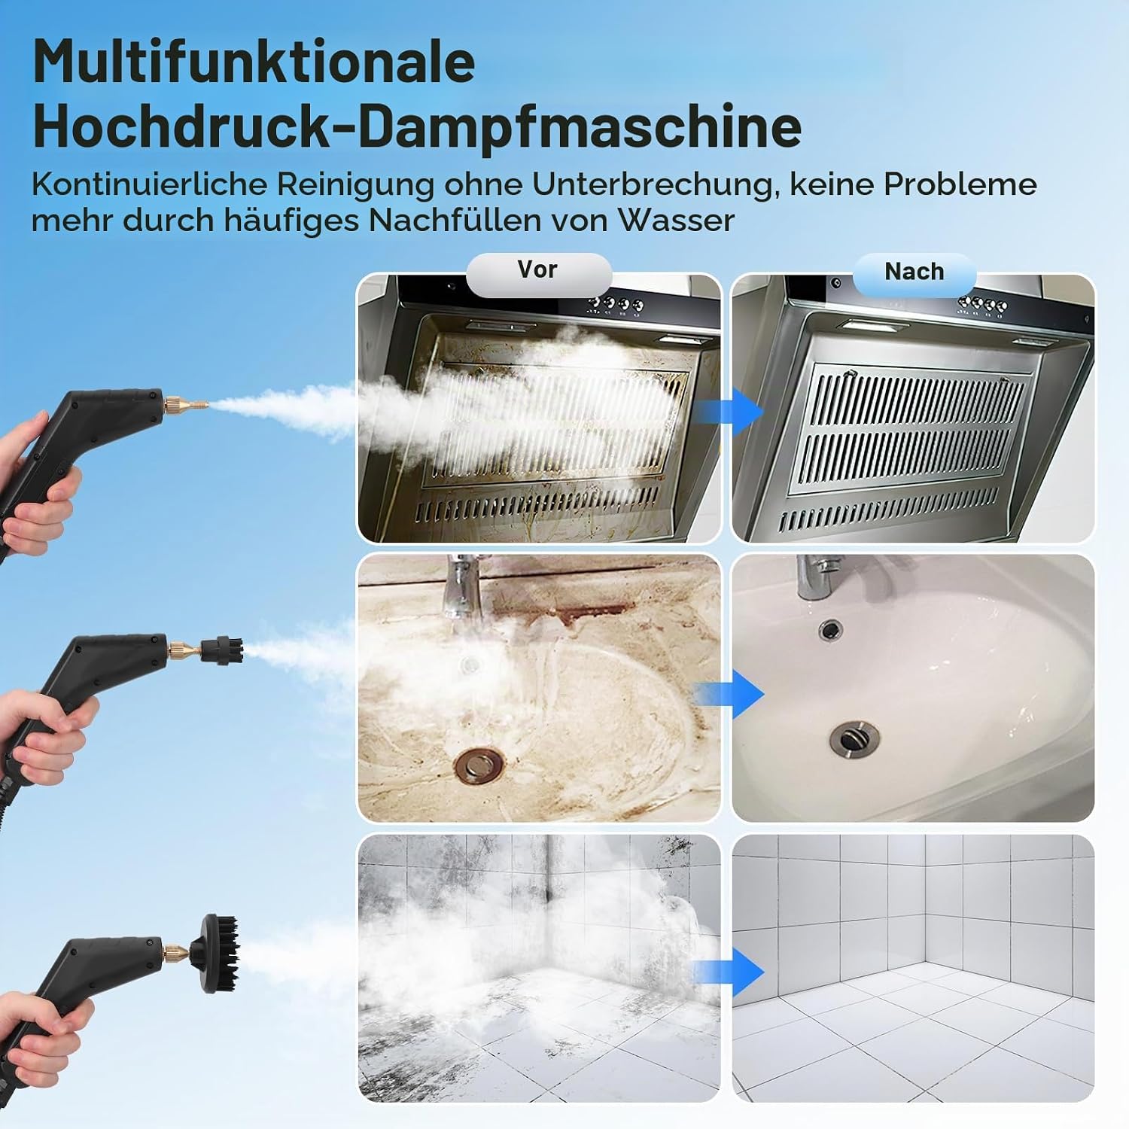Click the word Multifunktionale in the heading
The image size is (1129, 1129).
pos(254,62)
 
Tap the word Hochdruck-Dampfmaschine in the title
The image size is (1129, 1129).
pos(417,127)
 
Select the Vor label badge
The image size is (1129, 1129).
pos(538,270)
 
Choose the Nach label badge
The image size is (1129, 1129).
pos(914,272)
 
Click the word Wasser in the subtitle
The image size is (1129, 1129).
pos(676,221)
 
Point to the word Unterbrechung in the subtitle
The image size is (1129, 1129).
pos(653,185)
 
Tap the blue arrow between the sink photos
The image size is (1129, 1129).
pos(729,693)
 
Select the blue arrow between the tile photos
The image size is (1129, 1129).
pos(729,971)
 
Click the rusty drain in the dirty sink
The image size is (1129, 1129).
pos(476,764)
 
